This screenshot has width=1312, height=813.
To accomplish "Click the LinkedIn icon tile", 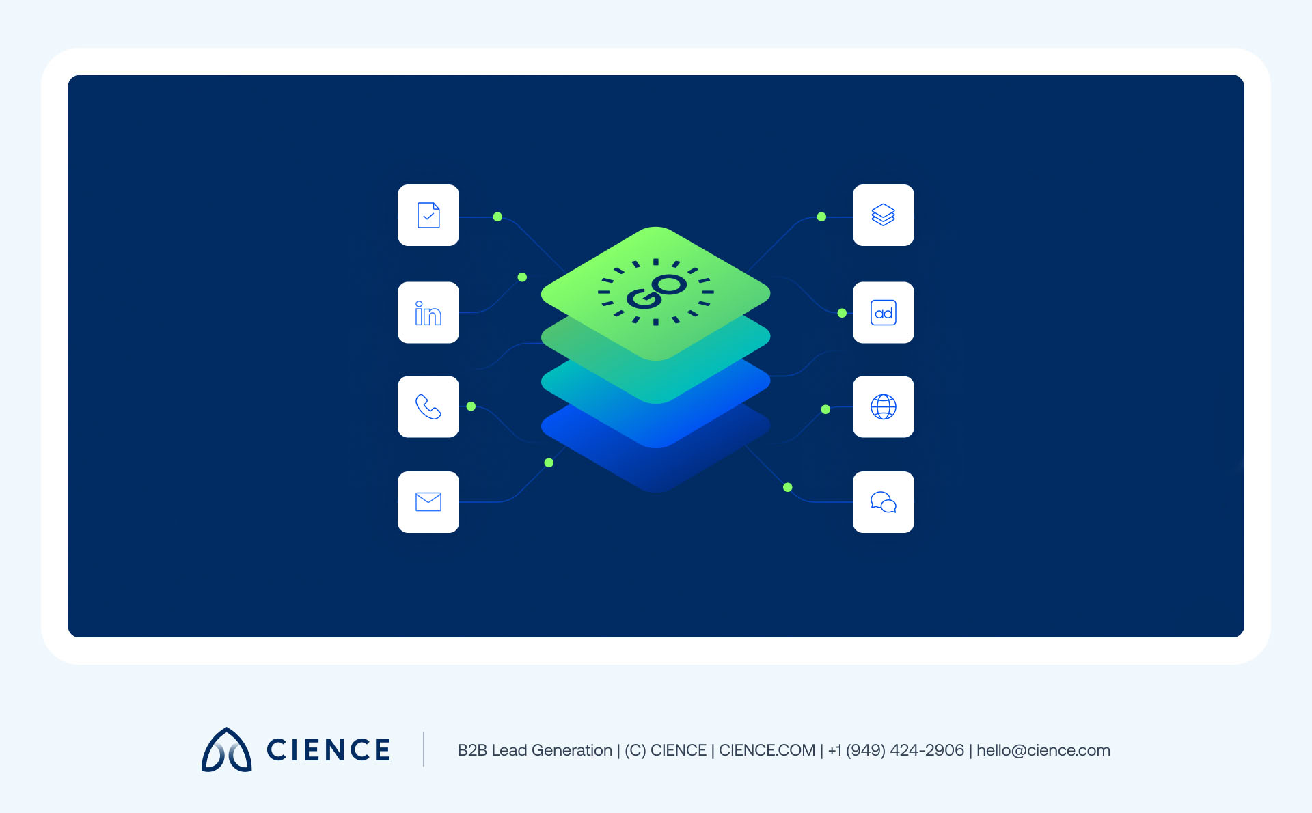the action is coord(428,312).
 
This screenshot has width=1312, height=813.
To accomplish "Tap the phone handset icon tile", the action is coord(428,406).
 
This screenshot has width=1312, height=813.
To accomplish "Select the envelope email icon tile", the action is coord(428,502).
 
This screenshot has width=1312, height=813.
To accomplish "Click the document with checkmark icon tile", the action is coord(428,215).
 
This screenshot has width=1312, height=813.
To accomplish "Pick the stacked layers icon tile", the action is coord(884,215).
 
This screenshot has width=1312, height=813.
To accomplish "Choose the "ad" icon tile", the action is coord(884,312).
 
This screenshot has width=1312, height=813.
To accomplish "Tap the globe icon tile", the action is coord(884,406).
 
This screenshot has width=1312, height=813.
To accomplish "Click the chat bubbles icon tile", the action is coord(884,502).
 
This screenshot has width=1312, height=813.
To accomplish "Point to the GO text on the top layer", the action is coord(657,292).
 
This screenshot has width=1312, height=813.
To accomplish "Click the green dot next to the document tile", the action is coord(497,217).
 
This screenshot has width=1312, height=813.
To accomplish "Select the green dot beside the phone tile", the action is coord(471,406).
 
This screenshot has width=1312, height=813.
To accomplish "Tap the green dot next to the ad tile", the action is coord(842,313).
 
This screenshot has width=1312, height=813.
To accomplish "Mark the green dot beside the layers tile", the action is coord(821,217).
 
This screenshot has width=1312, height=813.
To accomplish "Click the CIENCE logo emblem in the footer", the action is coord(226,749).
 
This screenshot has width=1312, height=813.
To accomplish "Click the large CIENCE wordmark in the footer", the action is coord(328,749).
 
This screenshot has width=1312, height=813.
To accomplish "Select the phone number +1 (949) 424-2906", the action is coord(896,750).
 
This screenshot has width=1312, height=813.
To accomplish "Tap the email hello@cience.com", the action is coord(1043,750).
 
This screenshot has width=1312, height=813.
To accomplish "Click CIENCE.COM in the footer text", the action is coord(767,750).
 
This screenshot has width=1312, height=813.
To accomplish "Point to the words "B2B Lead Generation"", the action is coord(535,750).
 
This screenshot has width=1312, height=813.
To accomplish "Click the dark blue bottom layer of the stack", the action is coord(656,465).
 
